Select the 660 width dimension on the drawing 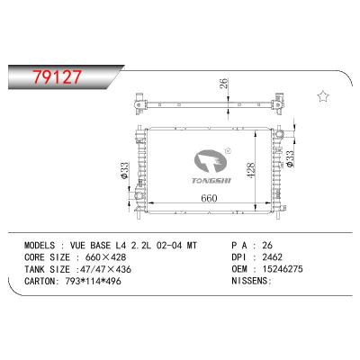click(210, 198)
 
